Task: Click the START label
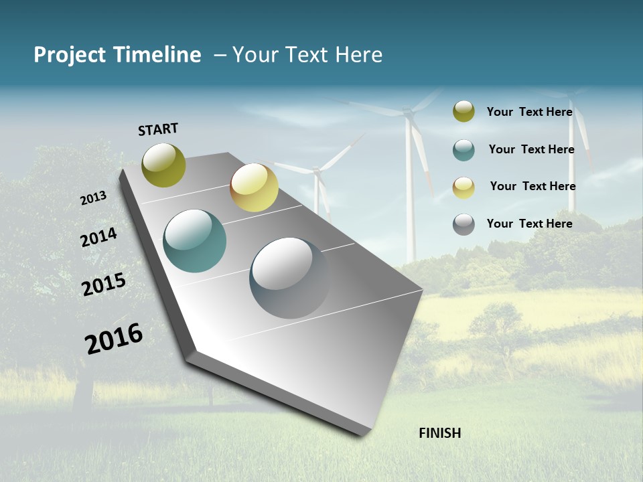[x=158, y=129]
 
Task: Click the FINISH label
[x=439, y=433]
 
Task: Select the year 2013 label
[x=93, y=198]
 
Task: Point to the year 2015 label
[x=103, y=285]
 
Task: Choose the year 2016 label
[x=114, y=339]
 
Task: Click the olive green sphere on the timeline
[x=164, y=165]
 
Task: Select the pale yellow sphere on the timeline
[x=254, y=187]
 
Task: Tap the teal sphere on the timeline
[x=195, y=241]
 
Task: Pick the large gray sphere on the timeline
[x=289, y=278]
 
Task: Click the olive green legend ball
[x=463, y=112]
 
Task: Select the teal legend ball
[x=463, y=150]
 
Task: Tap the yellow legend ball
[x=463, y=187]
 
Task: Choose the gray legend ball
[x=463, y=224]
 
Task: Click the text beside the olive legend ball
[x=529, y=112]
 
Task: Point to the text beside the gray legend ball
[x=529, y=224]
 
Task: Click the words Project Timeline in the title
[x=117, y=55]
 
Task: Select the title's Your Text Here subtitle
[x=307, y=55]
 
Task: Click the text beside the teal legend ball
[x=531, y=149]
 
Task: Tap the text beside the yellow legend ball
[x=532, y=186]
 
